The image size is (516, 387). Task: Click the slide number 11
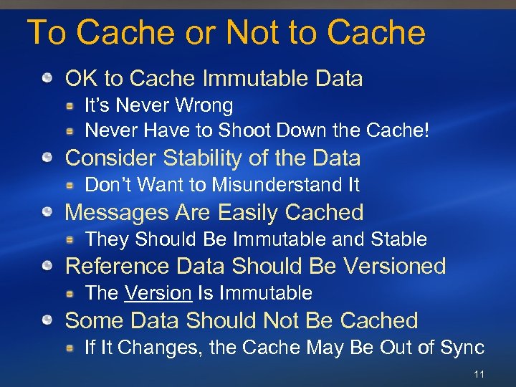(479, 375)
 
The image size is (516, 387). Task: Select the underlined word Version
(158, 293)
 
